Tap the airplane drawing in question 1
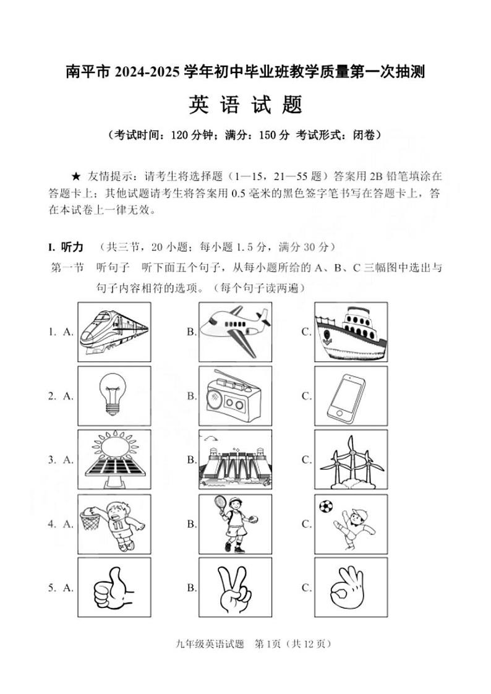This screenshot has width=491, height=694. tap(235, 331)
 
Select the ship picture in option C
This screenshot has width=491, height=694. tap(350, 331)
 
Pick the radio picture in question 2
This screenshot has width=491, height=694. tap(235, 395)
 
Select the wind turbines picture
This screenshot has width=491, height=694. tap(350, 460)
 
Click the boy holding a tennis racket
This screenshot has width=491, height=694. tap(235, 524)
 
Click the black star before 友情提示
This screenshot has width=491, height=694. tap(77, 176)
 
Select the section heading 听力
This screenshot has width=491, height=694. tap(72, 247)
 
